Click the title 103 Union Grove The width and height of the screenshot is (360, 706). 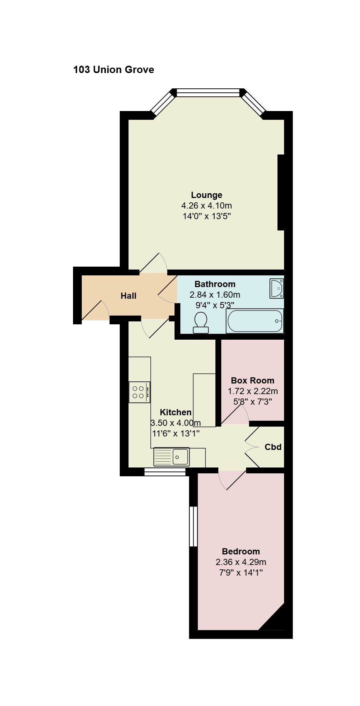coord(114,70)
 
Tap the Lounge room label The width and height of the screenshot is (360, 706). coord(207,195)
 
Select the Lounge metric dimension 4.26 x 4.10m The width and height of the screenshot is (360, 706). coord(207,206)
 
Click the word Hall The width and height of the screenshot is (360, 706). coord(129,296)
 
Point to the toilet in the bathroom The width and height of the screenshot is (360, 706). coord(201,323)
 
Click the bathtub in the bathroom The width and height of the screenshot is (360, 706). coord(255,321)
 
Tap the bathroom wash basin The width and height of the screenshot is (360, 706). coord(276,289)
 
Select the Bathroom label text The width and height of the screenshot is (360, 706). coord(215,284)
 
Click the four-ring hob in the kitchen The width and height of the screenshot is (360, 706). coord(139,392)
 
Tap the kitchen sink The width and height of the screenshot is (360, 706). coord(172,457)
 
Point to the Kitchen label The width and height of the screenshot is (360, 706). coord(176,412)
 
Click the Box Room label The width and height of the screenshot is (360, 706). coord(253,381)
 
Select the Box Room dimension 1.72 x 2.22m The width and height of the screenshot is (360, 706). coord(253,391)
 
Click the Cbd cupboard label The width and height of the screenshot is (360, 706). coord(273,447)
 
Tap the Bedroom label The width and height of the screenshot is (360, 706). coord(241,552)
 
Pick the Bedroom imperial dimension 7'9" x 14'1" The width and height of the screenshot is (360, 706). coord(241,573)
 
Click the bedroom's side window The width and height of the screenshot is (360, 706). coord(194,526)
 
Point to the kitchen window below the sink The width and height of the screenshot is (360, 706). coord(165,472)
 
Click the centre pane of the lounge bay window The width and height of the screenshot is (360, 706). coord(208,93)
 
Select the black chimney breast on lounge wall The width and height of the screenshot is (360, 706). coord(281,192)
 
